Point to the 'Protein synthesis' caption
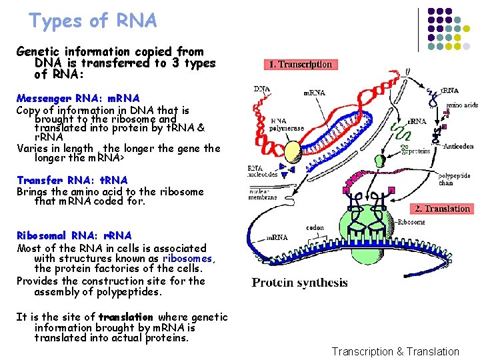[299, 282]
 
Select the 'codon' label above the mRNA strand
[316, 227]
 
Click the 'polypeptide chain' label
[454, 179]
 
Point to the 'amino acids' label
[461, 105]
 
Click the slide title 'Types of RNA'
[93, 21]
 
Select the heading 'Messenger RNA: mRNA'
[78, 99]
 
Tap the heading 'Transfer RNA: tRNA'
[72, 180]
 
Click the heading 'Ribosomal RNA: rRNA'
[74, 236]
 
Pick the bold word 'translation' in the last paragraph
[126, 317]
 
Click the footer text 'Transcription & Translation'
[395, 351]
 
